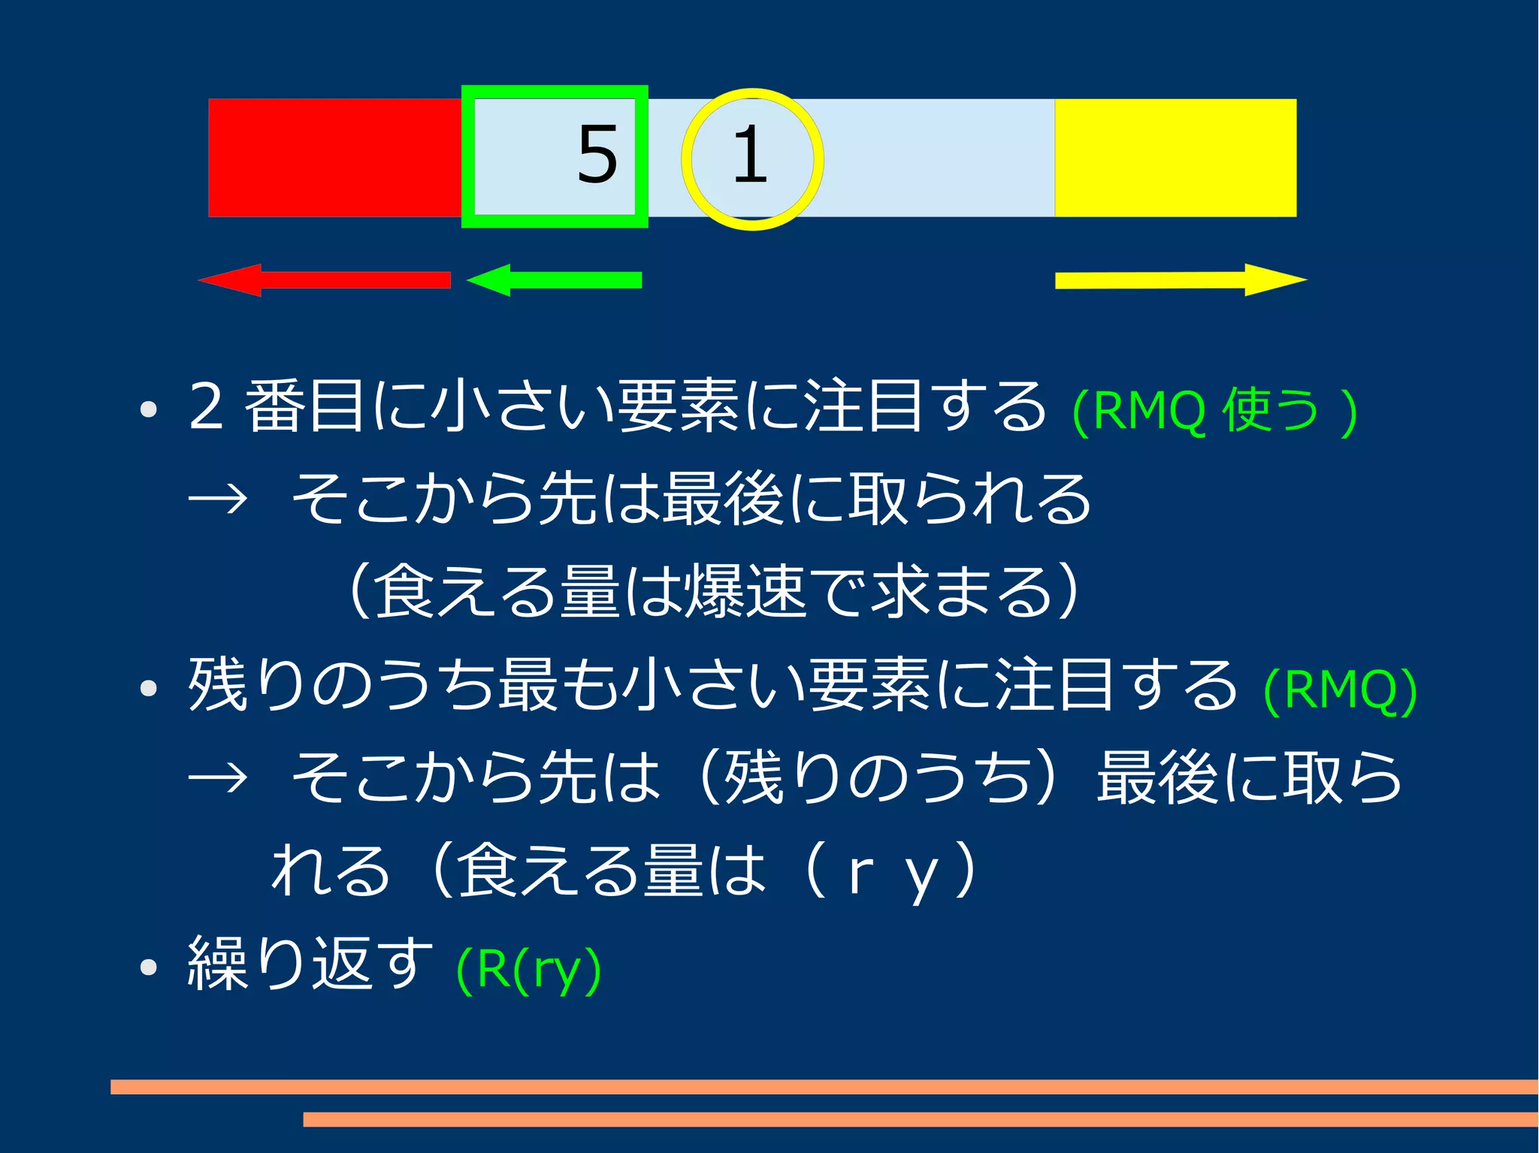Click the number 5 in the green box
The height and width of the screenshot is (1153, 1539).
click(x=597, y=155)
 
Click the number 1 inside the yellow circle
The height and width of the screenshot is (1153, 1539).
click(x=749, y=155)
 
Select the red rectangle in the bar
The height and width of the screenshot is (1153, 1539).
click(x=334, y=158)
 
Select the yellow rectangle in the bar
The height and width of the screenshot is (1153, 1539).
click(x=1175, y=158)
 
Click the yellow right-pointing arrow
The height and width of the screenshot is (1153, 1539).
click(x=1181, y=280)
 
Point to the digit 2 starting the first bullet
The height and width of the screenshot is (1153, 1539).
click(x=206, y=406)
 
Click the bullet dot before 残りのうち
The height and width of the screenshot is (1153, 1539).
click(x=148, y=688)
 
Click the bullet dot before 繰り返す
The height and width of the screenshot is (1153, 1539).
click(x=148, y=967)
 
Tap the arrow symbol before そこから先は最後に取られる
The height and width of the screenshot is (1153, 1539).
click(x=218, y=498)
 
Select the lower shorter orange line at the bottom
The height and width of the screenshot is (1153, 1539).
click(x=920, y=1119)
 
